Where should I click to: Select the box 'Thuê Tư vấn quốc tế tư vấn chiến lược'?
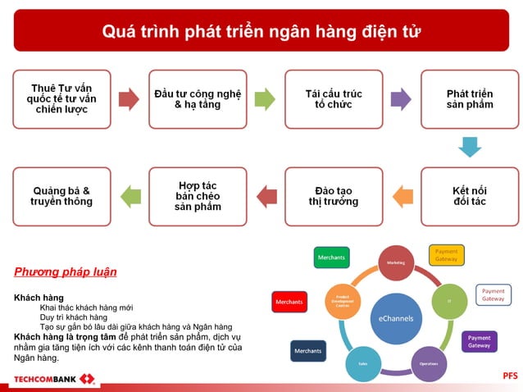coord(61,99)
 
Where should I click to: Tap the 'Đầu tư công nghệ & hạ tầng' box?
coord(198,99)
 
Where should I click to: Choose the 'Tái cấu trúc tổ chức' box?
coord(333,99)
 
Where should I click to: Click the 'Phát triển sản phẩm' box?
coord(470,99)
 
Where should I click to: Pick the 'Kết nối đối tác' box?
coord(470,196)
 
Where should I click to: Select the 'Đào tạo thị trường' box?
coord(333,196)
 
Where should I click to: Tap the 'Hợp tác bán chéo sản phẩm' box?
coord(198,196)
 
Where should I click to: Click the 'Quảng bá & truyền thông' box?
coord(61,196)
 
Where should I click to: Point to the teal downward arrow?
coord(470,147)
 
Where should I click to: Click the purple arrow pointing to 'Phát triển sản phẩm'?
coord(400,99)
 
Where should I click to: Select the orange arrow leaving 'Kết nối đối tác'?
coord(402,196)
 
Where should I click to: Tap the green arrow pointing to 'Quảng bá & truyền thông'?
coord(130,196)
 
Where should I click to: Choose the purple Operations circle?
coord(428,363)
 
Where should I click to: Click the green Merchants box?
coord(331,258)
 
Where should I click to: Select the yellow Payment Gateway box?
coord(446,255)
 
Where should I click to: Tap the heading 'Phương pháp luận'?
coord(66,271)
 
